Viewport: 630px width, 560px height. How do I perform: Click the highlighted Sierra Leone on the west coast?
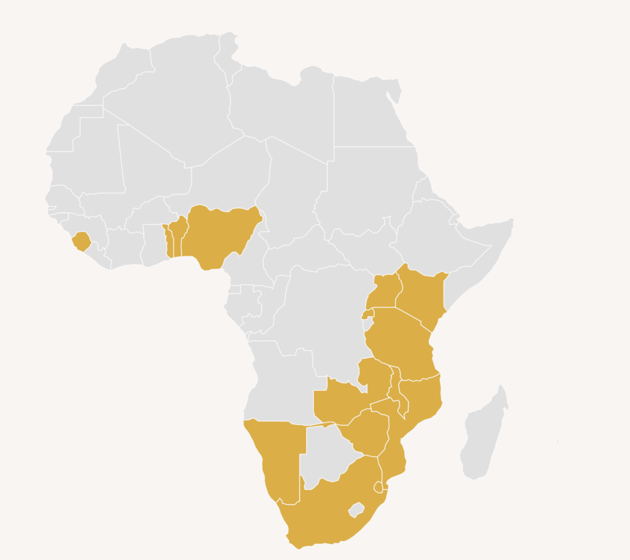pyautogui.click(x=81, y=241)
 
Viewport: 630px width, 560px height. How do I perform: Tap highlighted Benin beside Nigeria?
pyautogui.click(x=178, y=237)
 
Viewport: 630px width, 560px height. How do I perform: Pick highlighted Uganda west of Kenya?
pyautogui.click(x=383, y=291)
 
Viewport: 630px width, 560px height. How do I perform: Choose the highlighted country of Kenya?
pyautogui.click(x=421, y=296)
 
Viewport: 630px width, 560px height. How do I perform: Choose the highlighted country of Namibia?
pyautogui.click(x=277, y=456)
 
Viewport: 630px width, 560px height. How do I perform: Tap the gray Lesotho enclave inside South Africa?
pyautogui.click(x=356, y=509)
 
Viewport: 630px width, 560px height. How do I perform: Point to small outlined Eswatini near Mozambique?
pyautogui.click(x=378, y=487)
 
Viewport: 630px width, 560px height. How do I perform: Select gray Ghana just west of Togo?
pyautogui.click(x=154, y=243)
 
